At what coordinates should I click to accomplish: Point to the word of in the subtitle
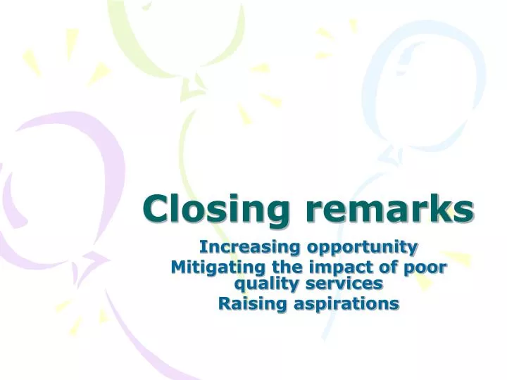pyautogui.click(x=378, y=267)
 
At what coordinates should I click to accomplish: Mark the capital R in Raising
pyautogui.click(x=224, y=303)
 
